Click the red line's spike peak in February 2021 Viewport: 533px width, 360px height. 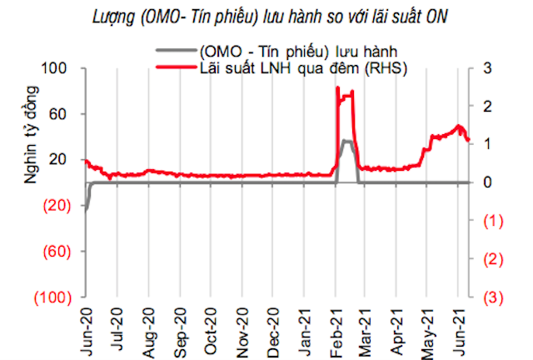coord(338,87)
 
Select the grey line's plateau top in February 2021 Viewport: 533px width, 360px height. coord(346,142)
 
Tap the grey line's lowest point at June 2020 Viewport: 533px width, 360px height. coord(85,210)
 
